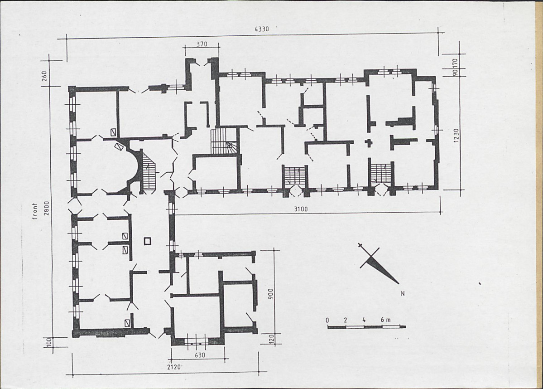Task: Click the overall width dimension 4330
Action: [x=262, y=29]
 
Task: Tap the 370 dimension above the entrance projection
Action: [x=202, y=44]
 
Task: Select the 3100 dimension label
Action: [x=301, y=209]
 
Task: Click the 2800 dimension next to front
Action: [x=47, y=208]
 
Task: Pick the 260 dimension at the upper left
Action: [x=44, y=76]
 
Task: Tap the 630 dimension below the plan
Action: [x=200, y=355]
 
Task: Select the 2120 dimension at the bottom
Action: [x=174, y=367]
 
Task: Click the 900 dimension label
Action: [x=271, y=294]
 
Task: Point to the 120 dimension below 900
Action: [x=272, y=339]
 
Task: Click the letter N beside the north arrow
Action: [x=403, y=294]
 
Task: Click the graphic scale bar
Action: [x=367, y=326]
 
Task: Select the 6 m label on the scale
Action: [x=385, y=320]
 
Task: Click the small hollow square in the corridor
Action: [x=148, y=241]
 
